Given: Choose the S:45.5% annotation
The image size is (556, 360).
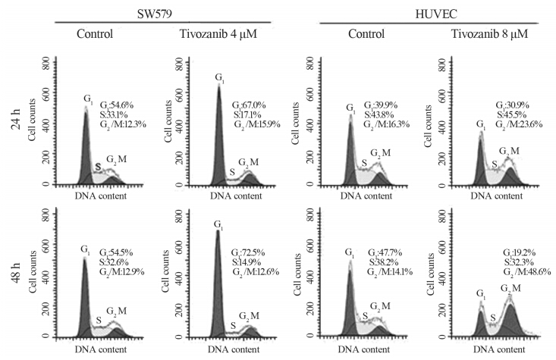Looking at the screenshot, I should pos(517,114).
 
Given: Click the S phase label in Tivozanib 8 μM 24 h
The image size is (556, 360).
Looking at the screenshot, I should pos(495,163).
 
